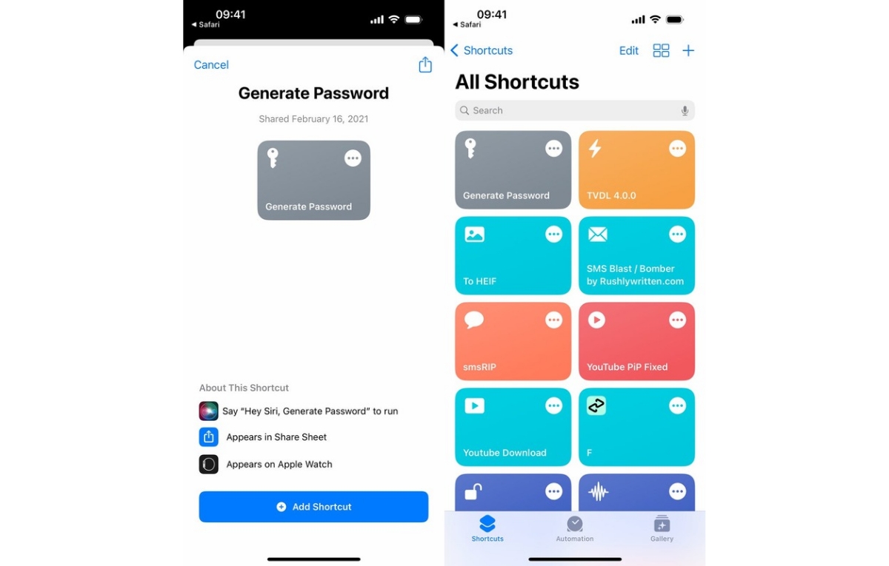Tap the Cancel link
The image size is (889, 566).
(211, 64)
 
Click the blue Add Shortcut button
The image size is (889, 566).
(313, 507)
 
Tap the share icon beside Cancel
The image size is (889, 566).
(425, 64)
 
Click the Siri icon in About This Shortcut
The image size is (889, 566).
(208, 411)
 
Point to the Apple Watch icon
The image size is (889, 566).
(208, 464)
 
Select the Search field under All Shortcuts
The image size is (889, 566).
(575, 110)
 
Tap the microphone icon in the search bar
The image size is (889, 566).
(685, 110)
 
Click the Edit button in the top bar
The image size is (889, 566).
(629, 51)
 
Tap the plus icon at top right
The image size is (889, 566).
(688, 51)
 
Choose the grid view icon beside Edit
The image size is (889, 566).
(661, 51)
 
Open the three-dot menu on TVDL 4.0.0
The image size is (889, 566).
(677, 149)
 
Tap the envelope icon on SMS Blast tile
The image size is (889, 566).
(598, 235)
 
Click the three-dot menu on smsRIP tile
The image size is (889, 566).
(553, 320)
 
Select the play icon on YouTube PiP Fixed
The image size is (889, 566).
(596, 320)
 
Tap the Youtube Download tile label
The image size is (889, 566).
(505, 453)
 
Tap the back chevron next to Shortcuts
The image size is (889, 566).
(455, 50)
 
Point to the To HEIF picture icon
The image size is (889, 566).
(474, 235)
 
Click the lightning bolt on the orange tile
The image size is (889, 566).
(594, 149)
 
